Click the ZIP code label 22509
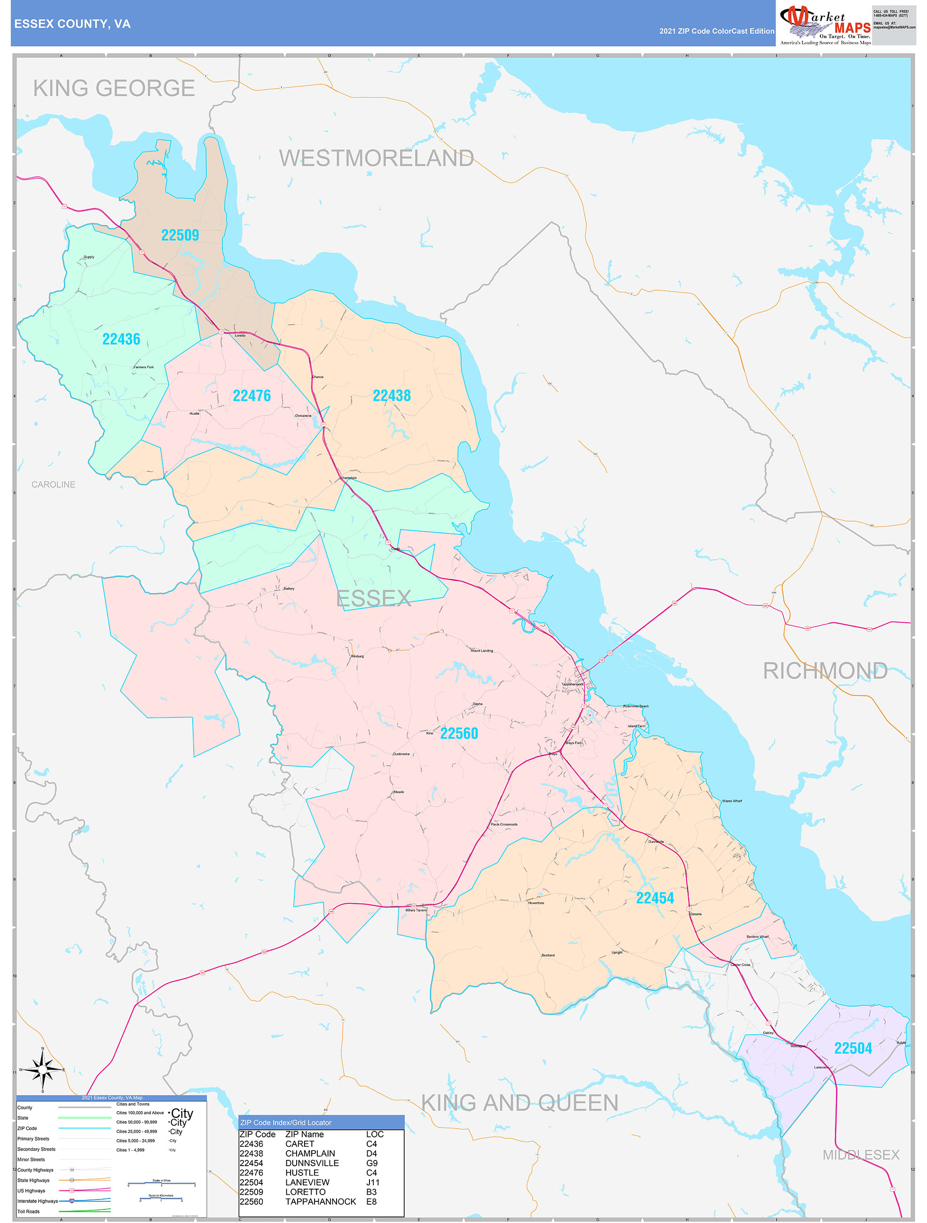(x=180, y=235)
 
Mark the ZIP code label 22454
(x=655, y=898)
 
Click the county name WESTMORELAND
(x=376, y=158)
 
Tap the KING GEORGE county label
(x=114, y=88)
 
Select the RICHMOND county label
(x=825, y=671)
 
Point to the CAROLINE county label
(x=53, y=484)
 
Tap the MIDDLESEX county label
(x=861, y=1154)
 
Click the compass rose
(x=42, y=1070)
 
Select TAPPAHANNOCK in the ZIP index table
(x=321, y=1201)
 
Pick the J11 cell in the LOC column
(x=373, y=1182)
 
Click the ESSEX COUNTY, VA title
(x=72, y=24)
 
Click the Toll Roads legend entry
(x=29, y=1211)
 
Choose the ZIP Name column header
(x=305, y=1134)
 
